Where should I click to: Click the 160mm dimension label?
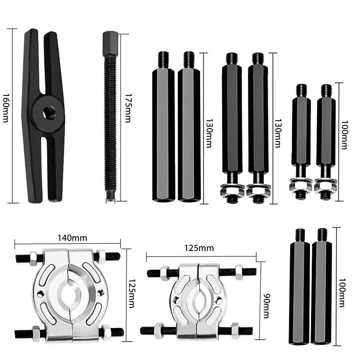5,108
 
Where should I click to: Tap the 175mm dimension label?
128,108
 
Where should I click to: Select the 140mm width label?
72,238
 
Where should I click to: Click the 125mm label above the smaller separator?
199,248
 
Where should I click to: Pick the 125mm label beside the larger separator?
131,293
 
